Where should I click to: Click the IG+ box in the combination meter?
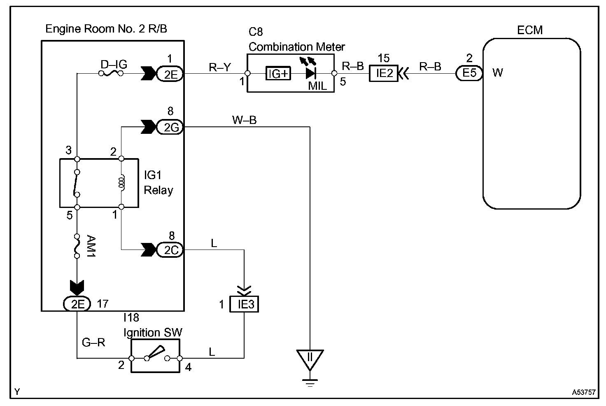pos(279,74)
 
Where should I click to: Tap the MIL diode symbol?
pos(310,73)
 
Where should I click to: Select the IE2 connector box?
pos(383,73)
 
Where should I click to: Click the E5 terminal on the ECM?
pos(469,73)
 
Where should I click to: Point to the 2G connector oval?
pos(170,127)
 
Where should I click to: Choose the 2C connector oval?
pos(170,250)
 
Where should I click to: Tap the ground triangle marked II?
pos(310,358)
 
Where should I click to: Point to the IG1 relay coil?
pos(121,182)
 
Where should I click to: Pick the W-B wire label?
pos(244,120)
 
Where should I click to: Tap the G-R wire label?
pos(94,342)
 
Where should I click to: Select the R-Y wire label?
pos(219,67)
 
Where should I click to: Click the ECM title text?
pos(530,30)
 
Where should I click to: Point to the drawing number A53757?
pos(583,392)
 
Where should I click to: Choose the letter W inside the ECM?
pos(497,73)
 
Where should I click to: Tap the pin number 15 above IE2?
pos(383,58)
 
